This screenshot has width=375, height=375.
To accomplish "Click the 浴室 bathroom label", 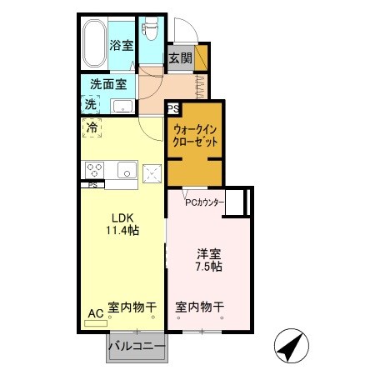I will click(x=122, y=46).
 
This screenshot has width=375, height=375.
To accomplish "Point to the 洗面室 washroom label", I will click(x=107, y=84).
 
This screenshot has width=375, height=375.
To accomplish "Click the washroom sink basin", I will click(x=123, y=106).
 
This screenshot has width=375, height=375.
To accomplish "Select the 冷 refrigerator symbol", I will click(x=92, y=128).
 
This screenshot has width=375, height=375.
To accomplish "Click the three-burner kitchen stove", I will click(x=92, y=169).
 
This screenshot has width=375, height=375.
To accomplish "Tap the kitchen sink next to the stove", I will click(x=125, y=171).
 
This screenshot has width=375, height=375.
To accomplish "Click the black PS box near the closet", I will click(x=172, y=108).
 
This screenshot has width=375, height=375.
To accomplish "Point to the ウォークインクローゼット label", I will click(x=196, y=135).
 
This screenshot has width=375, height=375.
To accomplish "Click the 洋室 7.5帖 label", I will click(x=208, y=260).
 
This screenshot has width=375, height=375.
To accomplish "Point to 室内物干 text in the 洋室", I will click(x=199, y=307).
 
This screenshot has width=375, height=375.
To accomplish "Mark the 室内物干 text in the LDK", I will click(x=132, y=307).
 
